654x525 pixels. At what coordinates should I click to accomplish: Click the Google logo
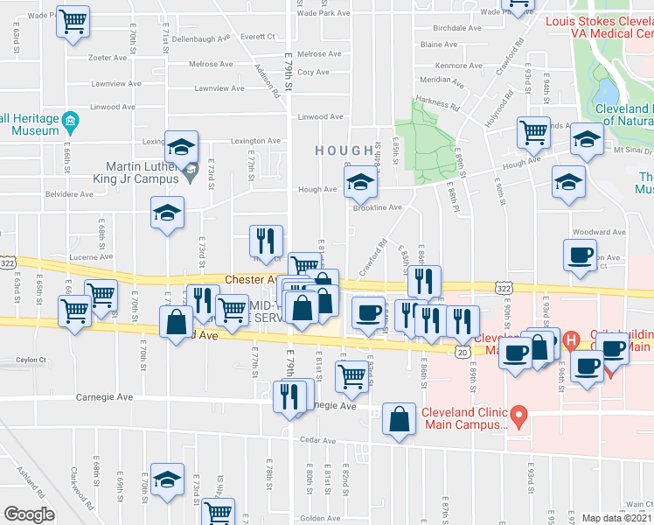[29, 514]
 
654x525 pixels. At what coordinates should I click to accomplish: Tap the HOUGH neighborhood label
[344, 150]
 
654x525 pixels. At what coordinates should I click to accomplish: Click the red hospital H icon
[572, 339]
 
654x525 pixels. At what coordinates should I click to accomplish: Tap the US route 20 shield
[463, 350]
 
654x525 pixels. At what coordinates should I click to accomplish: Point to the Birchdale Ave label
[439, 27]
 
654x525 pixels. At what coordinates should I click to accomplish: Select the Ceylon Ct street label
[29, 360]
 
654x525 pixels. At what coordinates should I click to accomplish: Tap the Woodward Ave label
[598, 233]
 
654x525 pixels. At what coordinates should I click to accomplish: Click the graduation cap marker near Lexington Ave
[182, 145]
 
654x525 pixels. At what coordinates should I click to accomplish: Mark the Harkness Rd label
[438, 103]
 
